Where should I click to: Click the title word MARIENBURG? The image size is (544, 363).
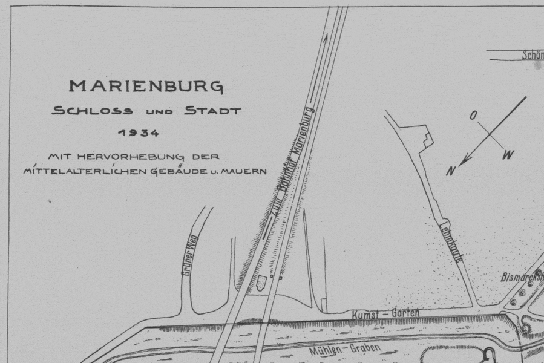(146, 86)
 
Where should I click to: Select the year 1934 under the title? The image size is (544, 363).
(139, 132)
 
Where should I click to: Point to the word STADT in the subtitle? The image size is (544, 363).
(212, 111)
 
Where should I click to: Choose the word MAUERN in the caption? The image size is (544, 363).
(244, 171)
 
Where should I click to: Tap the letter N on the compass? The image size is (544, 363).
(451, 172)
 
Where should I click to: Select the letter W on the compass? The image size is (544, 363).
(508, 155)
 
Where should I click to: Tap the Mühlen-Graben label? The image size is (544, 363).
(345, 349)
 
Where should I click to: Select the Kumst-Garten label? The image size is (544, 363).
(385, 314)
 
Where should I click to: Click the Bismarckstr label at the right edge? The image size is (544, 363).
(522, 276)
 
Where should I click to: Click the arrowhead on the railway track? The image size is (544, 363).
(326, 37)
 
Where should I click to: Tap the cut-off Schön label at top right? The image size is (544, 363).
(532, 55)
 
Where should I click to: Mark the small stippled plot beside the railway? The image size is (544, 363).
(261, 283)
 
